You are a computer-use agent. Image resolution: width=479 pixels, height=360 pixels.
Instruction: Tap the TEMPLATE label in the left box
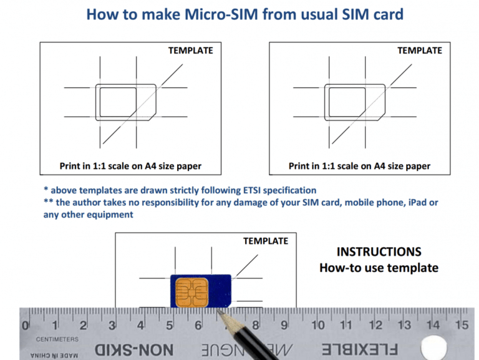tap(190, 51)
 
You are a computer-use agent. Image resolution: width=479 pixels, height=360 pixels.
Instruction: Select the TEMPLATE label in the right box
tap(420, 51)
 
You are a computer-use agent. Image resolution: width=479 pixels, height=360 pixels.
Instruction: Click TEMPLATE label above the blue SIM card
tap(266, 241)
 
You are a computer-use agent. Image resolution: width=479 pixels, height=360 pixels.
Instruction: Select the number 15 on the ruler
tap(462, 324)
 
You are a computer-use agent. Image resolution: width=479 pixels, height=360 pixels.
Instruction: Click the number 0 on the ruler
tap(26, 325)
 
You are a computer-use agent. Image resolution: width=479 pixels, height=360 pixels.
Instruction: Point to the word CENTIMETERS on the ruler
tap(57, 339)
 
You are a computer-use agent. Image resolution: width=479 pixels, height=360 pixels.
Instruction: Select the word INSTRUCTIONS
tap(379, 252)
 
